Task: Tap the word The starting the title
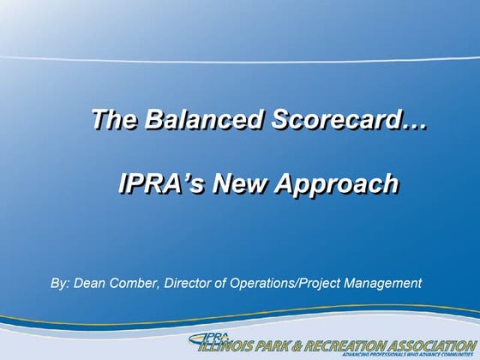(x=115, y=121)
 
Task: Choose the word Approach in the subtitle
(x=343, y=183)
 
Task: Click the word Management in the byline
(x=380, y=282)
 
